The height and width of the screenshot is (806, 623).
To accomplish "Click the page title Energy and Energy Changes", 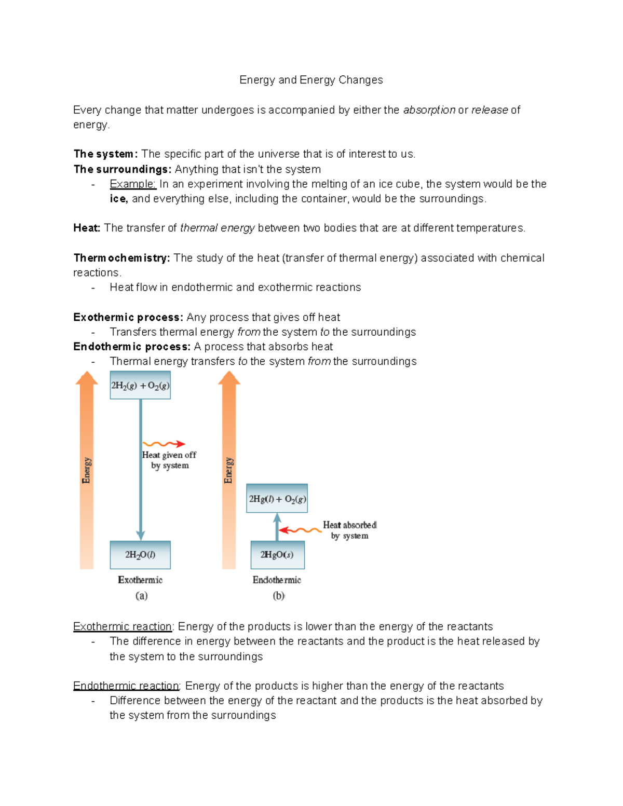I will click(x=311, y=80).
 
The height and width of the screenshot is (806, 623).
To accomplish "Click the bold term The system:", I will click(x=105, y=154).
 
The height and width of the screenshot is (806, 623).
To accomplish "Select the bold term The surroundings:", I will click(x=122, y=169).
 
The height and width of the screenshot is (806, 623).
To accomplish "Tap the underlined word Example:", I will click(x=132, y=184).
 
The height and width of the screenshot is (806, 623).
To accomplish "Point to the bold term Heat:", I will click(x=87, y=228).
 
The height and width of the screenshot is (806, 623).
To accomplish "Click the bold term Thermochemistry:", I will click(x=121, y=258).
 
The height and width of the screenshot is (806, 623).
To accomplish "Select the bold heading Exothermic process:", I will click(x=128, y=317).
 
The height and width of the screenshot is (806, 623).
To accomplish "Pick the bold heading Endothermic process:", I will click(x=131, y=347).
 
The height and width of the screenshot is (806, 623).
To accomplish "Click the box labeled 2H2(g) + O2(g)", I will click(x=140, y=385).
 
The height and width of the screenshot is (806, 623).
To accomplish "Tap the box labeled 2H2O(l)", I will click(x=140, y=555).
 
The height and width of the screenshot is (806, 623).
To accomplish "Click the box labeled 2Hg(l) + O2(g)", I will click(x=277, y=498).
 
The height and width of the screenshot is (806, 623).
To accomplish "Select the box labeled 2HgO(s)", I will click(x=277, y=555).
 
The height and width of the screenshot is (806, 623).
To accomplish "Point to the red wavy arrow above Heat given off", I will click(x=164, y=444).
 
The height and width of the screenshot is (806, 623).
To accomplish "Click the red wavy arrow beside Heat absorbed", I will click(x=300, y=530).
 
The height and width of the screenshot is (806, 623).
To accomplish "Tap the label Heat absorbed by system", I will click(x=349, y=530).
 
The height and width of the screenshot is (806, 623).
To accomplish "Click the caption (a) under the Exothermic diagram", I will click(x=141, y=596).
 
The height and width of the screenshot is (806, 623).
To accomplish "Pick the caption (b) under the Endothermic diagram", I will click(x=278, y=596).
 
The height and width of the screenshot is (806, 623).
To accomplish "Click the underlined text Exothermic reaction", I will click(x=123, y=626).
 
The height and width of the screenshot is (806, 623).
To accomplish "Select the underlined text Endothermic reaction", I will click(x=126, y=686).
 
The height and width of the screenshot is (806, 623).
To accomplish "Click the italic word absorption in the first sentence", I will click(x=429, y=110).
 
